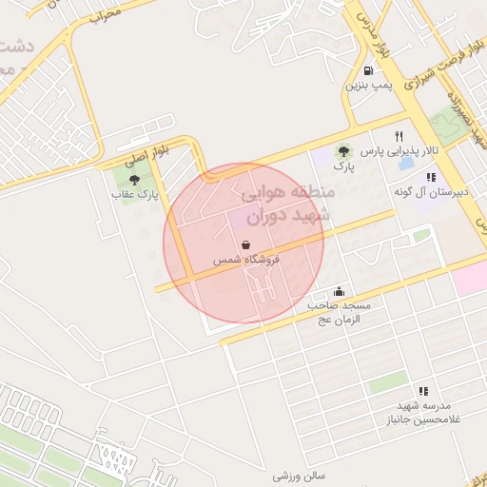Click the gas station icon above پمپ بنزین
367,70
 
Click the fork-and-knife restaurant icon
399,136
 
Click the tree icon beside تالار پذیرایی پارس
342,150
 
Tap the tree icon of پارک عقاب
134,179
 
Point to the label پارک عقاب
134,194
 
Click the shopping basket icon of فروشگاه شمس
246,244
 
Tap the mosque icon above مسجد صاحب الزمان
340,291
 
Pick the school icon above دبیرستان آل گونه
430,177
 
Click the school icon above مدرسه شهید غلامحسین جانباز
423,390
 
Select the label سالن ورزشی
300,475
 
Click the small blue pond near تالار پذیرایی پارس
406,163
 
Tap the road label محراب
107,15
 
